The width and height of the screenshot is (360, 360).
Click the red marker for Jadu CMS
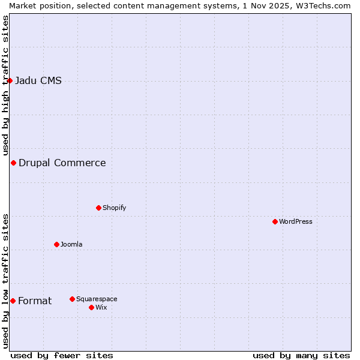click(x=10, y=80)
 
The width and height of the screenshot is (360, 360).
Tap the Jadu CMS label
click(x=38, y=81)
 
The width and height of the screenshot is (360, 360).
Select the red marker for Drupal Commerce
click(x=13, y=163)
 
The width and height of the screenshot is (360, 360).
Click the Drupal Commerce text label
click(x=62, y=163)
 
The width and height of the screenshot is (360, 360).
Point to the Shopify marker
click(x=98, y=208)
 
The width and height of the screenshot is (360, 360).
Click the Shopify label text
click(x=114, y=208)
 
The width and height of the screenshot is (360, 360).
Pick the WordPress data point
click(x=275, y=221)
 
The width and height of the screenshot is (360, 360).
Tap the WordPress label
click(x=295, y=221)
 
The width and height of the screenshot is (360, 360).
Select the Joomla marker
click(x=56, y=244)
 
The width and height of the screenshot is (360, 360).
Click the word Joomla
click(x=71, y=244)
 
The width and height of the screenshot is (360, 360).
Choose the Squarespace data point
click(x=72, y=299)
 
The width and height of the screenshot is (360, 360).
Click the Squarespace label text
click(x=97, y=299)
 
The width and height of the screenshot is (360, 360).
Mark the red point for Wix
click(x=91, y=307)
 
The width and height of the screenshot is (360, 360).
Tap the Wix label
click(x=101, y=307)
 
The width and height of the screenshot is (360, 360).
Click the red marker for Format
click(x=13, y=301)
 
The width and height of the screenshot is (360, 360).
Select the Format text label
click(x=35, y=301)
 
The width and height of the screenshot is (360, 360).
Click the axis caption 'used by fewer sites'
click(x=62, y=355)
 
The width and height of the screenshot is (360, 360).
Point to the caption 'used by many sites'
click(x=301, y=355)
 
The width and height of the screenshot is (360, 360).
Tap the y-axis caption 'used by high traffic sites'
click(x=5, y=85)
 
